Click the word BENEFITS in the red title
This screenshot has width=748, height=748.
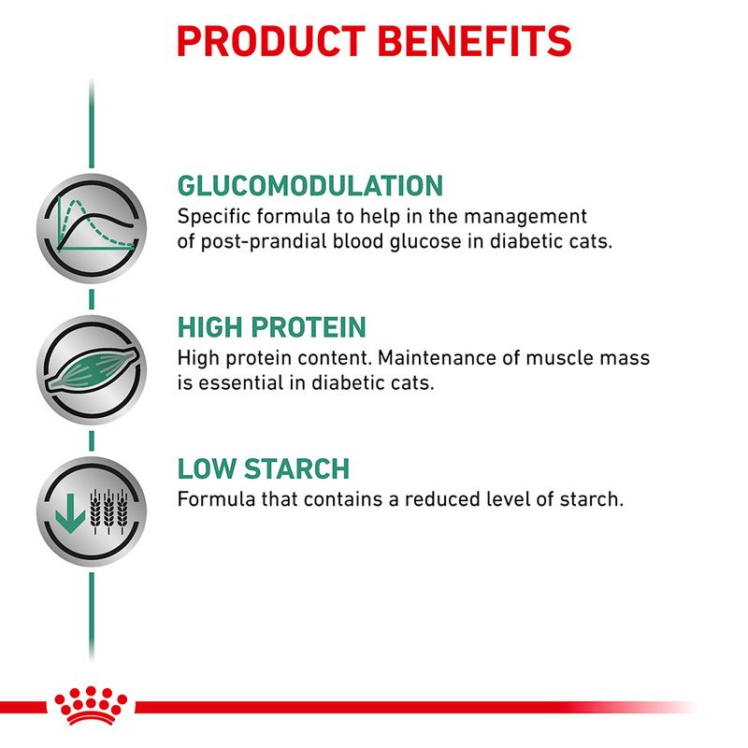pyautogui.click(x=473, y=41)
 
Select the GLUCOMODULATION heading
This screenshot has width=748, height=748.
pyautogui.click(x=309, y=185)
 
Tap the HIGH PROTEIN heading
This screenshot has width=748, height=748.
pyautogui.click(x=271, y=328)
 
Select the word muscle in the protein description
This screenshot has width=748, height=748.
pyautogui.click(x=556, y=358)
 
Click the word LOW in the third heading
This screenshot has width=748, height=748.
pyautogui.click(x=203, y=468)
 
